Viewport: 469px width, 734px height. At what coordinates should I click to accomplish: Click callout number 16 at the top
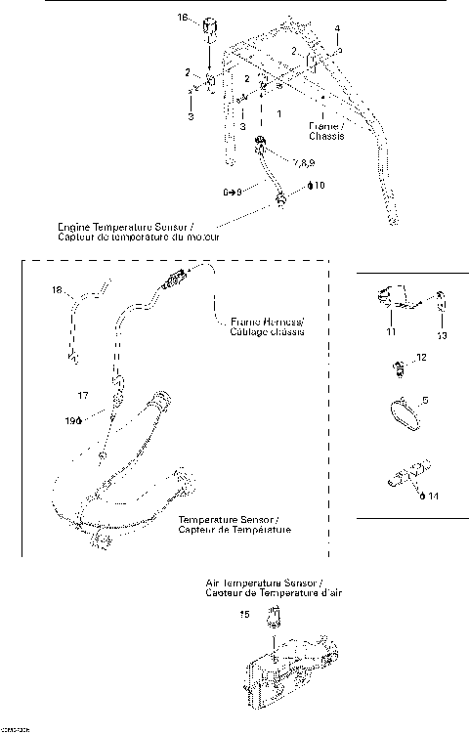point(182,18)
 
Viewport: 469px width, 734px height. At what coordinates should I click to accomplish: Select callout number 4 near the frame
point(337,28)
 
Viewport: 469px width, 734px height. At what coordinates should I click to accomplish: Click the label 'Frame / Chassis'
point(325,131)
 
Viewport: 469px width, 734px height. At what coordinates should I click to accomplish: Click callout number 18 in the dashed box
point(57,289)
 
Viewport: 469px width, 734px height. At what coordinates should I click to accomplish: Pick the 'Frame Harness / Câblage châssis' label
point(269,326)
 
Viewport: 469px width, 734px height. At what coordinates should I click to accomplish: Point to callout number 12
point(421,358)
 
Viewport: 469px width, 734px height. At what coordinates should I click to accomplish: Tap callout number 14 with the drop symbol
point(430,496)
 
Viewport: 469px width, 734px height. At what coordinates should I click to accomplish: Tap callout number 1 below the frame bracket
point(279,114)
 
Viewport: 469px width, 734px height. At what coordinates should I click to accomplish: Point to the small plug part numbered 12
point(398,368)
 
